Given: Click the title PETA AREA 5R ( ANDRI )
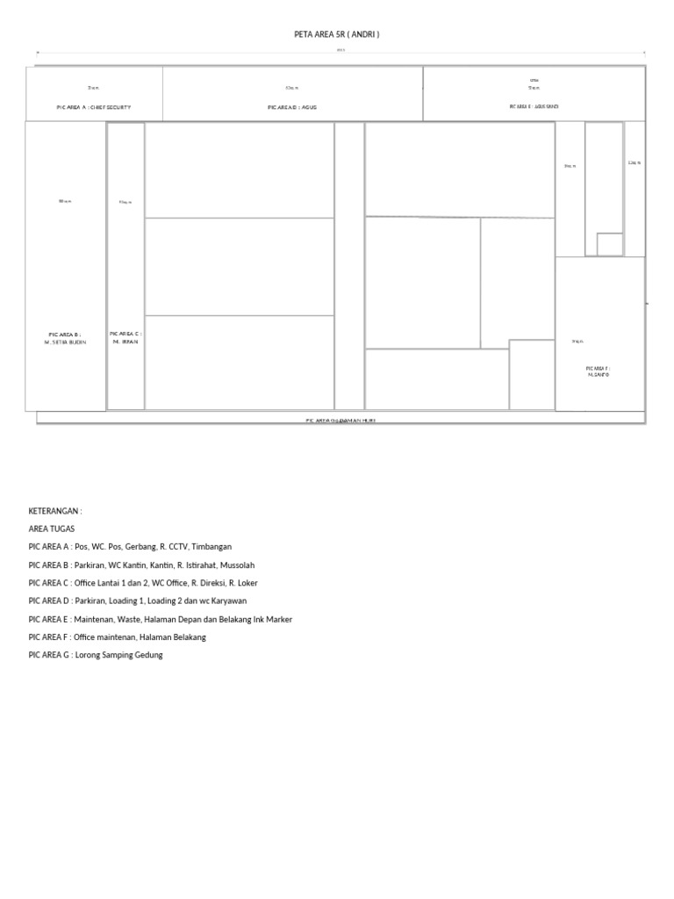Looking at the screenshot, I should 337,34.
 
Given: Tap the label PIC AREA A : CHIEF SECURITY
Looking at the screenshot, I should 94,107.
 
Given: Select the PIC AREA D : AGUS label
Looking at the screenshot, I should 292,107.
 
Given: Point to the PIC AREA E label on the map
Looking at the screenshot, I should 534,106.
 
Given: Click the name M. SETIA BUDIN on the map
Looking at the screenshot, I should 65,342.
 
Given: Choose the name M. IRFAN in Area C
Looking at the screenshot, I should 125,341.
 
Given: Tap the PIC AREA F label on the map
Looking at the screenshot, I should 599,368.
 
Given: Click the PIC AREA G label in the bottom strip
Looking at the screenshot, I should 341,421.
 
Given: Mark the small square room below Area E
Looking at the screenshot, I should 610,244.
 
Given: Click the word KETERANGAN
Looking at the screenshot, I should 54,511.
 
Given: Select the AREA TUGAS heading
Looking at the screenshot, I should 52,529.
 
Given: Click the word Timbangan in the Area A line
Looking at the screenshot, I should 212,547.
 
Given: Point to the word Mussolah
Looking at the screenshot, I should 235,565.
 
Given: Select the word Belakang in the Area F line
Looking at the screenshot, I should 186,636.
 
